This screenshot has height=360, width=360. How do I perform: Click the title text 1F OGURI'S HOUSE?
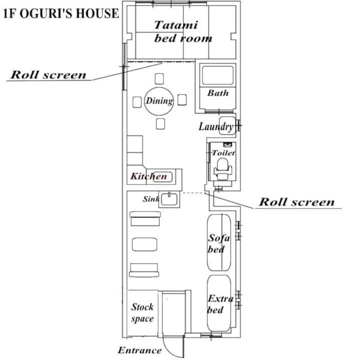pyautogui.click(x=61, y=14)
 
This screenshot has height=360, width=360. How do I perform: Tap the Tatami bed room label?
pyautogui.click(x=183, y=31)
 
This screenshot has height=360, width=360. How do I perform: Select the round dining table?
pyautogui.click(x=159, y=101)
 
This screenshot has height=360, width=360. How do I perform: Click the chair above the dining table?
pyautogui.click(x=159, y=79)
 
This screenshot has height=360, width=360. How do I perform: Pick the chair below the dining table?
pyautogui.click(x=160, y=124)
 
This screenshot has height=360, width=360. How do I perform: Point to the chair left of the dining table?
pyautogui.click(x=137, y=102)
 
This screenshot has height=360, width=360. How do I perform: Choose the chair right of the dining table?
pyautogui.click(x=182, y=100)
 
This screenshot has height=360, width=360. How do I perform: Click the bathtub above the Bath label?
pyautogui.click(x=217, y=75)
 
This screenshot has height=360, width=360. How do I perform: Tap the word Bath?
pyautogui.click(x=218, y=93)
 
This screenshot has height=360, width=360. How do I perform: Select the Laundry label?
pyautogui.click(x=216, y=126)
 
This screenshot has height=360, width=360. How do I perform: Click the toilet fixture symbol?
pyautogui.click(x=222, y=169)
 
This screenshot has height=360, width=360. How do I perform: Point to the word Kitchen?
pyautogui.click(x=148, y=176)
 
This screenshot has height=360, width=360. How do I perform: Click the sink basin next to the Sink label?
pyautogui.click(x=169, y=199)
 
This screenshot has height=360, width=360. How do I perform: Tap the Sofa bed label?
pyautogui.click(x=218, y=243)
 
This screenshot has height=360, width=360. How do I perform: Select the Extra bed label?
pyautogui.click(x=220, y=304)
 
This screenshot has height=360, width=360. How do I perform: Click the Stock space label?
pyautogui.click(x=142, y=312)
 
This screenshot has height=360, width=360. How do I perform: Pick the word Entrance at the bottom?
pyautogui.click(x=139, y=350)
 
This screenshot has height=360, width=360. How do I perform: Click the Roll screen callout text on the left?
pyautogui.click(x=48, y=75)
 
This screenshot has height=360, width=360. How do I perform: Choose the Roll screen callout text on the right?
pyautogui.click(x=296, y=202)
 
